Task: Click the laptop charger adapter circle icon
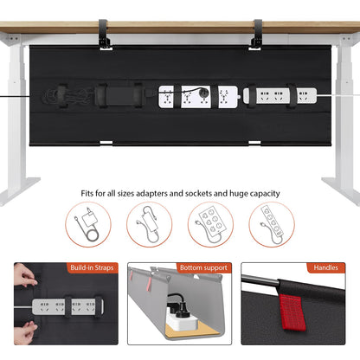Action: pyautogui.click(x=87, y=226)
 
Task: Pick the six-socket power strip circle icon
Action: pyautogui.click(x=210, y=226)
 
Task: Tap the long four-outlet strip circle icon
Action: pyautogui.click(x=271, y=226)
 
